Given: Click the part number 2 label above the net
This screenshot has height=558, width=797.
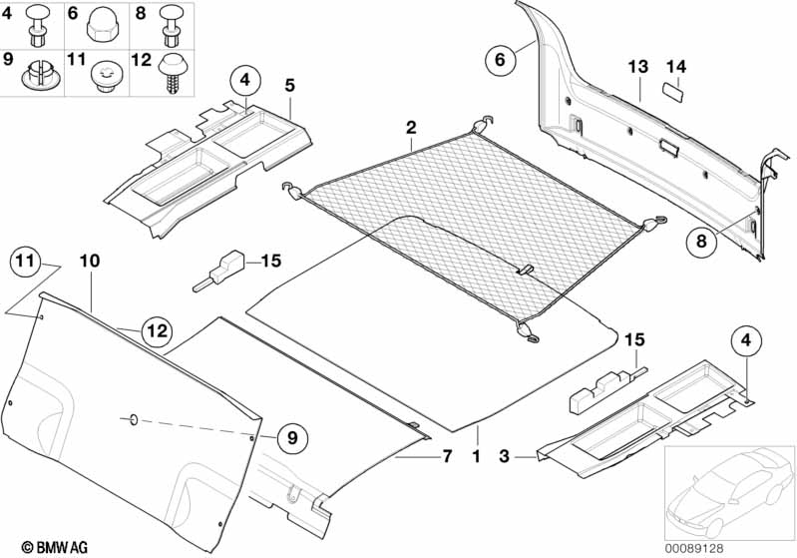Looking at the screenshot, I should click(x=410, y=127).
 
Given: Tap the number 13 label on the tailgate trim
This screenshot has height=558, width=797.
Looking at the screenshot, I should click(x=637, y=67).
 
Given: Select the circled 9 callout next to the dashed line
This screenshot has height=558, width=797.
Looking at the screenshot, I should click(x=292, y=436).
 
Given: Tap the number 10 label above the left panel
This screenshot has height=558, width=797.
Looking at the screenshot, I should click(x=90, y=261).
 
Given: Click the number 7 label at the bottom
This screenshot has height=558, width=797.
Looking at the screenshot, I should click(x=447, y=457).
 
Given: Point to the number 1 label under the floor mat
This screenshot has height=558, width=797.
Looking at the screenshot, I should click(x=477, y=457).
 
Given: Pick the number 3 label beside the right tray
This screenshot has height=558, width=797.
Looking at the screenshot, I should click(x=504, y=457).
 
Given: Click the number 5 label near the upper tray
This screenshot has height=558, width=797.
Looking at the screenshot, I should click(x=288, y=87).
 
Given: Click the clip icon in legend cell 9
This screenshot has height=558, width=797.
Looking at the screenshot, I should click(x=40, y=74).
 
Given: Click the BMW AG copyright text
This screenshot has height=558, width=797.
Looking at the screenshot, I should click(x=38, y=547).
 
